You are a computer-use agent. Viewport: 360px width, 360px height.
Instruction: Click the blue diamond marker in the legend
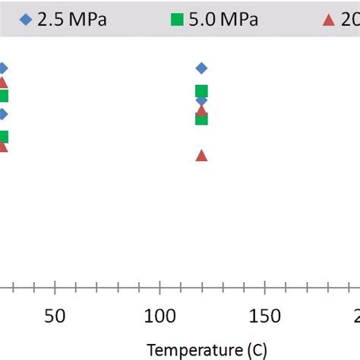(x=27, y=20)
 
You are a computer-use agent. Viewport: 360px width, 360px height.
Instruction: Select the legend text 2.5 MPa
(x=73, y=20)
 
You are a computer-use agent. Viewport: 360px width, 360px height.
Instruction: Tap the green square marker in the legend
(x=177, y=20)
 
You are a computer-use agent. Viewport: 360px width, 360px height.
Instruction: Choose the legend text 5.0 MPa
(x=224, y=20)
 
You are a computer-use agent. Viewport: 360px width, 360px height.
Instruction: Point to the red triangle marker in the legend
(x=328, y=20)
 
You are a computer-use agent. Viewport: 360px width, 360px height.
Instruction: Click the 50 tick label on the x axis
(x=54, y=316)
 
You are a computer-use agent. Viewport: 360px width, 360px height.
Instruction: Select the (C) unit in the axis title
(x=254, y=350)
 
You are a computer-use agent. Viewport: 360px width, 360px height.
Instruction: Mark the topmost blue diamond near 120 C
(x=201, y=68)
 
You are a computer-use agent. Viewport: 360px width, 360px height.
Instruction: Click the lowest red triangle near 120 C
(x=201, y=155)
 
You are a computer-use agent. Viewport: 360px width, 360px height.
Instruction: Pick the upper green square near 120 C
(x=201, y=92)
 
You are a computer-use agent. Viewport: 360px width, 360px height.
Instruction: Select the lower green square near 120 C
(x=201, y=119)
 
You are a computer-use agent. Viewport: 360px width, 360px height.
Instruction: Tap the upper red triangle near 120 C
(x=201, y=110)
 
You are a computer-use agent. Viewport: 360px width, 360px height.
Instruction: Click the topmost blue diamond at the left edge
(x=2, y=68)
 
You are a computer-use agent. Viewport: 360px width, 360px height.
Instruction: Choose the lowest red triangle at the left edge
(x=2, y=146)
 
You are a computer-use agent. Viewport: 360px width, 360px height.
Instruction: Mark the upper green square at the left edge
(x=3, y=96)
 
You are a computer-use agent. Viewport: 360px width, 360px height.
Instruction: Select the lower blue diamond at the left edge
(x=2, y=115)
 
